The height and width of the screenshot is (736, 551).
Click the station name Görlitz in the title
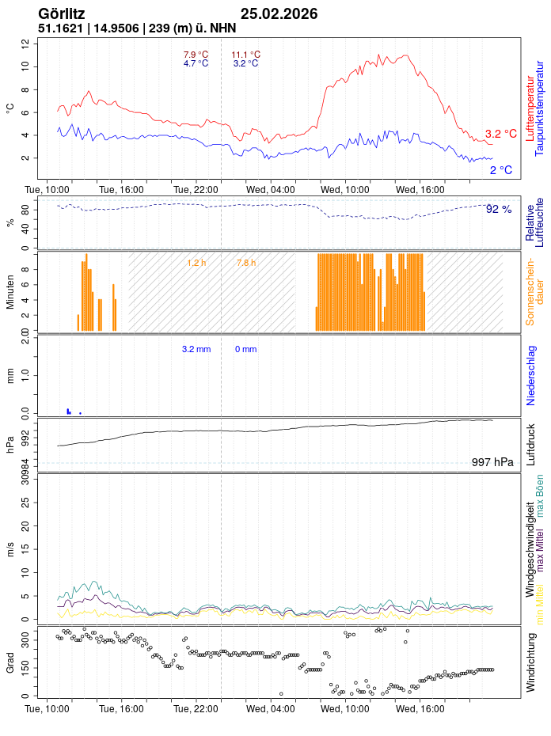coord(62,13)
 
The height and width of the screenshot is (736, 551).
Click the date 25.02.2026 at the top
coord(279,13)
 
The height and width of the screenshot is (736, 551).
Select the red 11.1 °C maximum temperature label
coord(245,55)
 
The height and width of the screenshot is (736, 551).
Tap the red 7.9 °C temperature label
coord(196,55)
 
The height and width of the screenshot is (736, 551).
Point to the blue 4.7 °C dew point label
coord(196,63)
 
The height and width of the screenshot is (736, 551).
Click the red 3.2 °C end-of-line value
coord(500,134)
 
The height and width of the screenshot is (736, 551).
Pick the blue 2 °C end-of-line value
coord(500,170)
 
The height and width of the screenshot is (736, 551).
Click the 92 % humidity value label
coord(499,210)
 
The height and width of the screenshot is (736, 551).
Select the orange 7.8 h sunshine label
coord(246,262)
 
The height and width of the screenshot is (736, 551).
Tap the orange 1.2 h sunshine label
coord(196,262)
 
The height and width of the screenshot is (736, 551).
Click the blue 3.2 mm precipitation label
coord(196,349)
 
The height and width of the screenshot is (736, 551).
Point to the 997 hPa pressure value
coord(492,462)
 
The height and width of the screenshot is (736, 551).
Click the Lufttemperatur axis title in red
coord(530,108)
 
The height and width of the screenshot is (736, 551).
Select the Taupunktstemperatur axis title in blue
coord(540,108)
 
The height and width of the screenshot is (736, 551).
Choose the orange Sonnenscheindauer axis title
coord(535,291)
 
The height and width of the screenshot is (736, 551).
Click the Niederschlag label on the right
coord(531,375)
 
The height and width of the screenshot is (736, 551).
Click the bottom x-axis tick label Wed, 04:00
coord(271,709)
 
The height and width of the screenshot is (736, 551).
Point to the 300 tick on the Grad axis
coord(25,635)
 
